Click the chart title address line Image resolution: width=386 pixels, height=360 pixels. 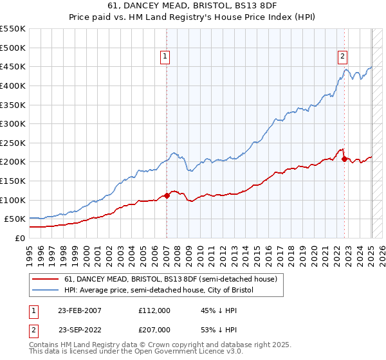193,7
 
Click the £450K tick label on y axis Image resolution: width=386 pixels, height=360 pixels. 13,66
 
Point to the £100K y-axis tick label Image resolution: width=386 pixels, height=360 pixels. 13,200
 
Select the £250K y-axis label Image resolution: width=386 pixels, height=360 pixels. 13,143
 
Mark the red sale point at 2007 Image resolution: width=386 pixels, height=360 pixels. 167,195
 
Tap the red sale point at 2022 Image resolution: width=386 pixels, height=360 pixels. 345,159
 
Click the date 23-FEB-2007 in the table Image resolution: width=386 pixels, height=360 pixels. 80,310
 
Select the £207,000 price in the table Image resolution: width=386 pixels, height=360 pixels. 154,329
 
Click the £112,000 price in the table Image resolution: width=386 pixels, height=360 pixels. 154,310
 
